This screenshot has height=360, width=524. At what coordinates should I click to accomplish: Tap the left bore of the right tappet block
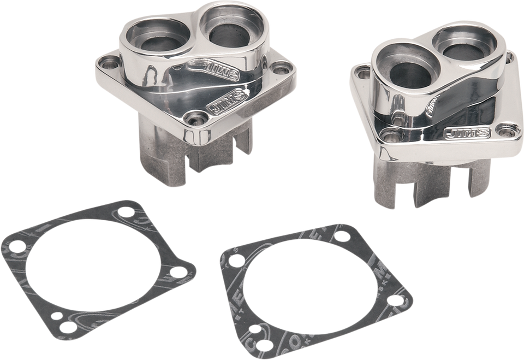406,71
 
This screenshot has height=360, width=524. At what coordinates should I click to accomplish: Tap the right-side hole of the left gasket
176,270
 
